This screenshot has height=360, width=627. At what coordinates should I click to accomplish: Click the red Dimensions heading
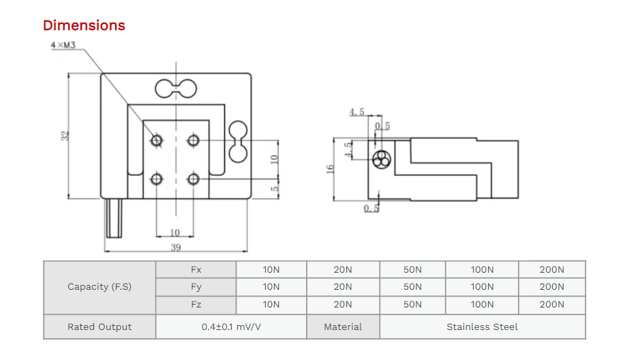pos(84,26)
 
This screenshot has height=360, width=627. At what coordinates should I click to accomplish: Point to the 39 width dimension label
pos(175,247)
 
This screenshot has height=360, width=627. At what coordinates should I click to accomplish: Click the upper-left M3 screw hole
pos(157,141)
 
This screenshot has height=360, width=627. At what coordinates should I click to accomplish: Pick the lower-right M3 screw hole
pos(194,179)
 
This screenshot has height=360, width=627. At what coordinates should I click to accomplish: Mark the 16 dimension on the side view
pos(330,168)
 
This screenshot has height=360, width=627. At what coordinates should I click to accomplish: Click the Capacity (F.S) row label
pos(100,287)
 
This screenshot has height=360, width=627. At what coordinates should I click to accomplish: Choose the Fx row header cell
pos(196,269)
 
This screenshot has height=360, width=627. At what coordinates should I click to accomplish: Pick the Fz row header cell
pos(196,305)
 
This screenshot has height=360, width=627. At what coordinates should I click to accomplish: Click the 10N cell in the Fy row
pos(271,287)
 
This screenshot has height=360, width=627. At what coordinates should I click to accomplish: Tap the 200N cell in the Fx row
pos(551,269)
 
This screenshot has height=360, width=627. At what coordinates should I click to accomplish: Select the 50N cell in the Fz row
pos(412,305)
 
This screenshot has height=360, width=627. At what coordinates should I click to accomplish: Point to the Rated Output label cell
pos(100,327)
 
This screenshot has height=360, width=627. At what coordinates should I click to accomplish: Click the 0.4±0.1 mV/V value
pos(231,327)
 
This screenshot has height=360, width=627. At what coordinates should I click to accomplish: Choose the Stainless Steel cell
pos(482,327)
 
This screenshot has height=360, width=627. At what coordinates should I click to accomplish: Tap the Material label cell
pos(343,327)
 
